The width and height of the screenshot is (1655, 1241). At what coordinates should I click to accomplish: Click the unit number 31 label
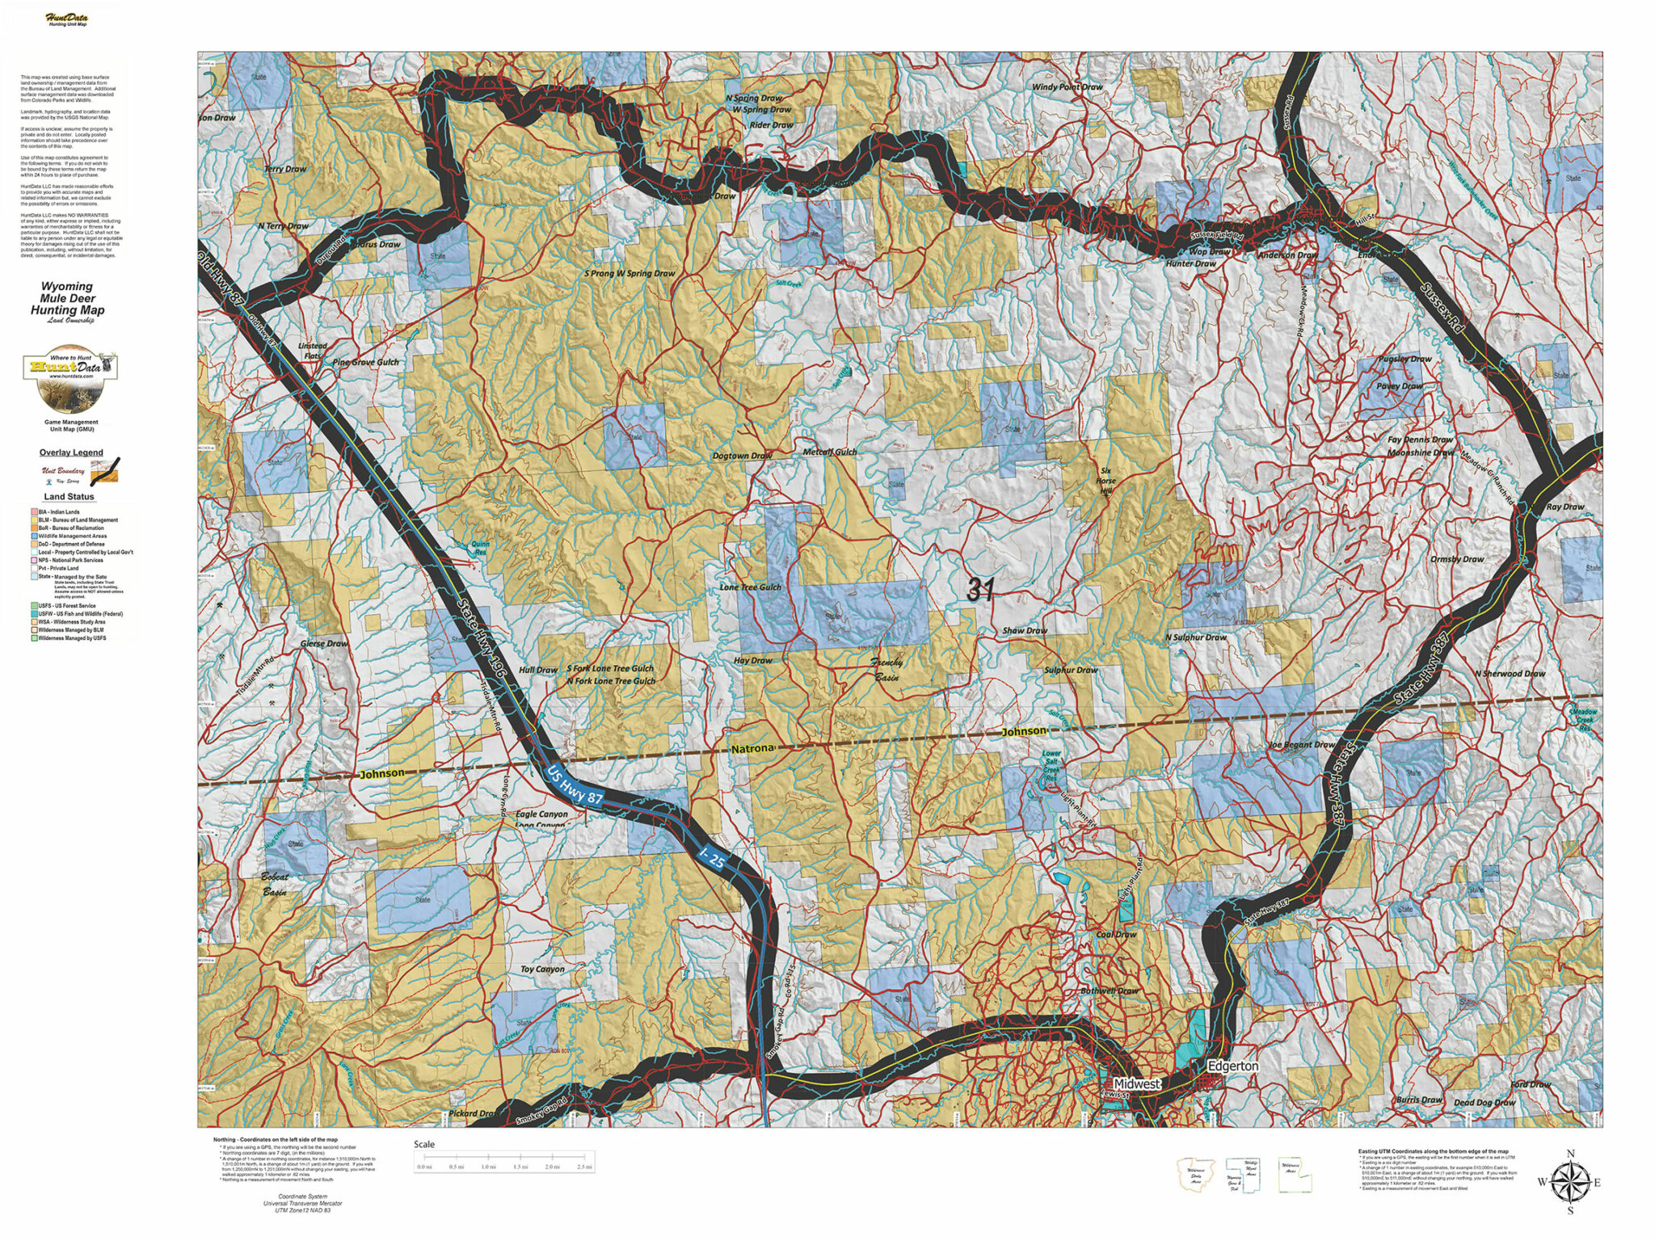coord(980,590)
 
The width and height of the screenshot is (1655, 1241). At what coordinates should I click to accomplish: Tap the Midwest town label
coord(1136,1083)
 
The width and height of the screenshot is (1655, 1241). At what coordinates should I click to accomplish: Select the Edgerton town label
coord(1232,1066)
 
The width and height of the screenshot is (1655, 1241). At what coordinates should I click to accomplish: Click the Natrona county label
coord(752,749)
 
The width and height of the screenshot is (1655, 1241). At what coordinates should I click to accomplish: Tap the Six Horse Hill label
coord(1105,481)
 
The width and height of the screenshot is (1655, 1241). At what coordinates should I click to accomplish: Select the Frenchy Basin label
coord(886,670)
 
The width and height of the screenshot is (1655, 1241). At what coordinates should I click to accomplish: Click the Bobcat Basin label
coord(274,884)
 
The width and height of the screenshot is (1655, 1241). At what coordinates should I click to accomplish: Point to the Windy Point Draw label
coord(1067,87)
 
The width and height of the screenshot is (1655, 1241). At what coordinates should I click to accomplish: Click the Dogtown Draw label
coord(742,456)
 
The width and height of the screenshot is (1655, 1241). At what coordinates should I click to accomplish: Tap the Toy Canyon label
coord(542,969)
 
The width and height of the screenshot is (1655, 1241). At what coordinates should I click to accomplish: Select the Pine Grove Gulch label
coord(365,362)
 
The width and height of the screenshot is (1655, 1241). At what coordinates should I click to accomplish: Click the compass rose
coord(1570,1182)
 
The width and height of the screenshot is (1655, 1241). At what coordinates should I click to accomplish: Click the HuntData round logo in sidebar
coord(71,382)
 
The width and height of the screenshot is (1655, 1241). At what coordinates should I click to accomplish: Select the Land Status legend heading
coord(69,497)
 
